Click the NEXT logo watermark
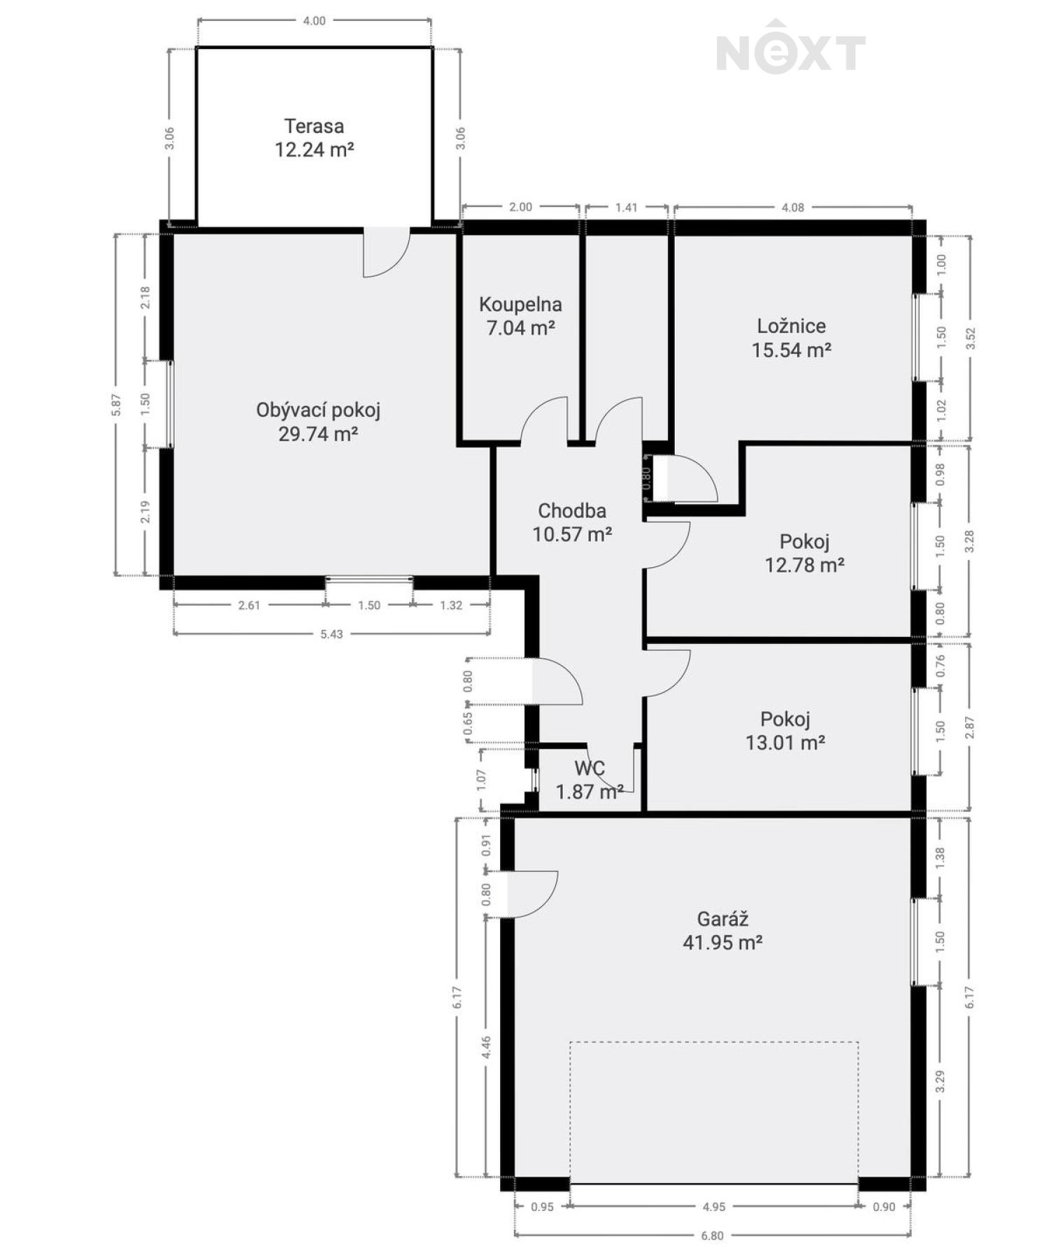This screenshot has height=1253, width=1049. pyautogui.click(x=791, y=48)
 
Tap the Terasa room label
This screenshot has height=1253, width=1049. pyautogui.click(x=314, y=127)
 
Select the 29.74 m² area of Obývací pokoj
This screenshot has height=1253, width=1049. pyautogui.click(x=318, y=434)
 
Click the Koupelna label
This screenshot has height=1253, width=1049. pyautogui.click(x=520, y=305)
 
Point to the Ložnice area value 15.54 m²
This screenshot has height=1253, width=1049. pyautogui.click(x=792, y=350)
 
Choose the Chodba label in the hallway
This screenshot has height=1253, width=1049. pyautogui.click(x=572, y=511)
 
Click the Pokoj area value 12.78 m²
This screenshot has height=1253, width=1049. pyautogui.click(x=804, y=565)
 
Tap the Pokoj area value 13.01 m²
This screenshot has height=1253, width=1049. pyautogui.click(x=785, y=743)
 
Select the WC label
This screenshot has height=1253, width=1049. pyautogui.click(x=590, y=768)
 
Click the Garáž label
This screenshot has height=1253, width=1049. pyautogui.click(x=722, y=919)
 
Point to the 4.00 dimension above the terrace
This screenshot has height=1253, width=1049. pyautogui.click(x=314, y=21)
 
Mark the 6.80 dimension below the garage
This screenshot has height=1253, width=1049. pyautogui.click(x=712, y=1236)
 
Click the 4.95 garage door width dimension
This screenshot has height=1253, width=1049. pyautogui.click(x=714, y=1207)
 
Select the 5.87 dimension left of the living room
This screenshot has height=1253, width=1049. pyautogui.click(x=116, y=405)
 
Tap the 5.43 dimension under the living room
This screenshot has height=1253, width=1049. pyautogui.click(x=331, y=634)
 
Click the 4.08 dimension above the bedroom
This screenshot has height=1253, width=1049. pyautogui.click(x=792, y=208)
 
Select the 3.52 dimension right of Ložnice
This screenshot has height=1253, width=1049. pyautogui.click(x=969, y=338)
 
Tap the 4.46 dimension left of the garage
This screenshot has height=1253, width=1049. pyautogui.click(x=487, y=1048)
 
